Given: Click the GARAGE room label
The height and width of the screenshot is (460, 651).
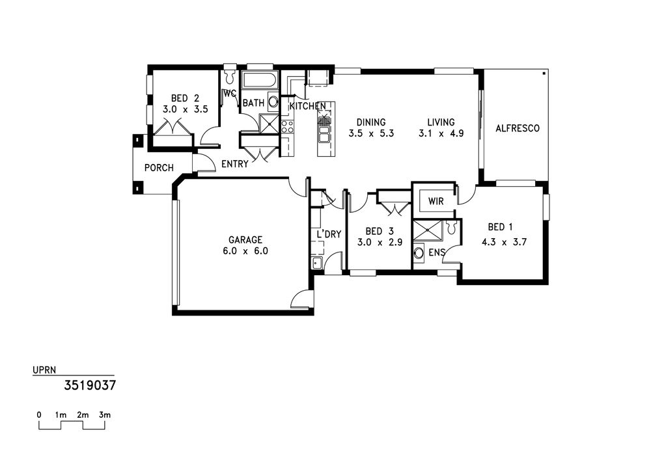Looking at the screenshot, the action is point(245,239).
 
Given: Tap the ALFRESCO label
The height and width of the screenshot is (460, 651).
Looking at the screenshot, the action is point(518,128).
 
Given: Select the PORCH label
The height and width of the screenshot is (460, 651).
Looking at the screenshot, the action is point(159,168).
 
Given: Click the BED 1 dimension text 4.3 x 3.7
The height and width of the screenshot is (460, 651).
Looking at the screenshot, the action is point(504,242).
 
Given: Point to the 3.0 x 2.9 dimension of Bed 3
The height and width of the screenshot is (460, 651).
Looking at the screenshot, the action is point(380,242).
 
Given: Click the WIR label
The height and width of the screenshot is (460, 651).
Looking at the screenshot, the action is point(436,202).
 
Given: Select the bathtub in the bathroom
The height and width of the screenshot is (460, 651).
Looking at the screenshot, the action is point(260,81).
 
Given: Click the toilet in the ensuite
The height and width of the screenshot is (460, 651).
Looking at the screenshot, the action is point(452,226).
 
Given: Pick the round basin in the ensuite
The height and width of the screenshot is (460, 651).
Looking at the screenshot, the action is point(419,253).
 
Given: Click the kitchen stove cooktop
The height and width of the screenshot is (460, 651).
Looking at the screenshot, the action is point(287,126).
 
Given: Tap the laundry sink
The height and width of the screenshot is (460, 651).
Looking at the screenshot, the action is point(316,263).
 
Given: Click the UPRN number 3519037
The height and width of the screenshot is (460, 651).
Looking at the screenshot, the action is point(90,386).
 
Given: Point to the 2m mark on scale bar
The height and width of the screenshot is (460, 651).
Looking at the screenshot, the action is point(83,415).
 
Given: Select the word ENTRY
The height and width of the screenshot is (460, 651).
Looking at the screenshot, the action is point(234,164).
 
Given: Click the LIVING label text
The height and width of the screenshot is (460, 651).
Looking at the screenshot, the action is point(441,122).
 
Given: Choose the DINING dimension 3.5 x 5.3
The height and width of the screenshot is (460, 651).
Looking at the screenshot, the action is point(371,133).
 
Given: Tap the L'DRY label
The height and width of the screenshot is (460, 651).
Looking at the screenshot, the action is point(329,234).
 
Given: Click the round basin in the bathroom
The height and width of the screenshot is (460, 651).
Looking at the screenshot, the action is point(273,101).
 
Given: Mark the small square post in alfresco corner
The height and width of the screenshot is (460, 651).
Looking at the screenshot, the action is point(544,74).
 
